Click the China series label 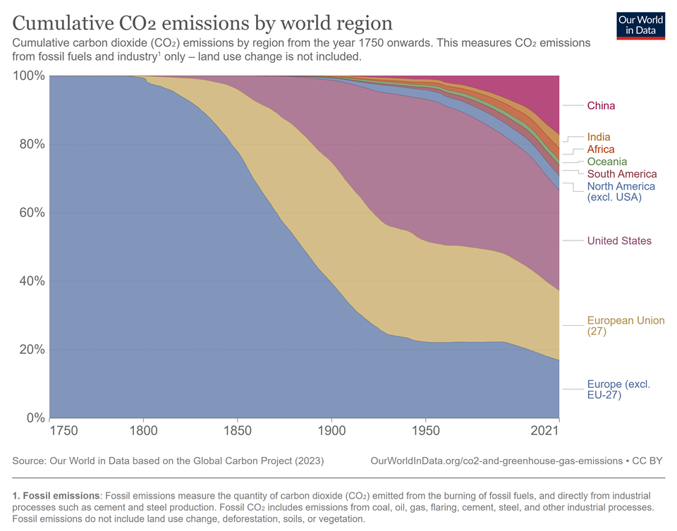pyautogui.click(x=601, y=106)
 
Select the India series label pyautogui.click(x=599, y=137)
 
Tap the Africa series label pyautogui.click(x=601, y=149)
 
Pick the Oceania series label pyautogui.click(x=606, y=161)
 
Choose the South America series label pyautogui.click(x=621, y=174)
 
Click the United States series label pyautogui.click(x=619, y=241)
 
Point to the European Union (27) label pyautogui.click(x=626, y=326)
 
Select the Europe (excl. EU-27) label pyautogui.click(x=618, y=389)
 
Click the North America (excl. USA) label pyautogui.click(x=621, y=192)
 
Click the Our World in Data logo pyautogui.click(x=640, y=25)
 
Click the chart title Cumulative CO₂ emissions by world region pyautogui.click(x=203, y=23)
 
